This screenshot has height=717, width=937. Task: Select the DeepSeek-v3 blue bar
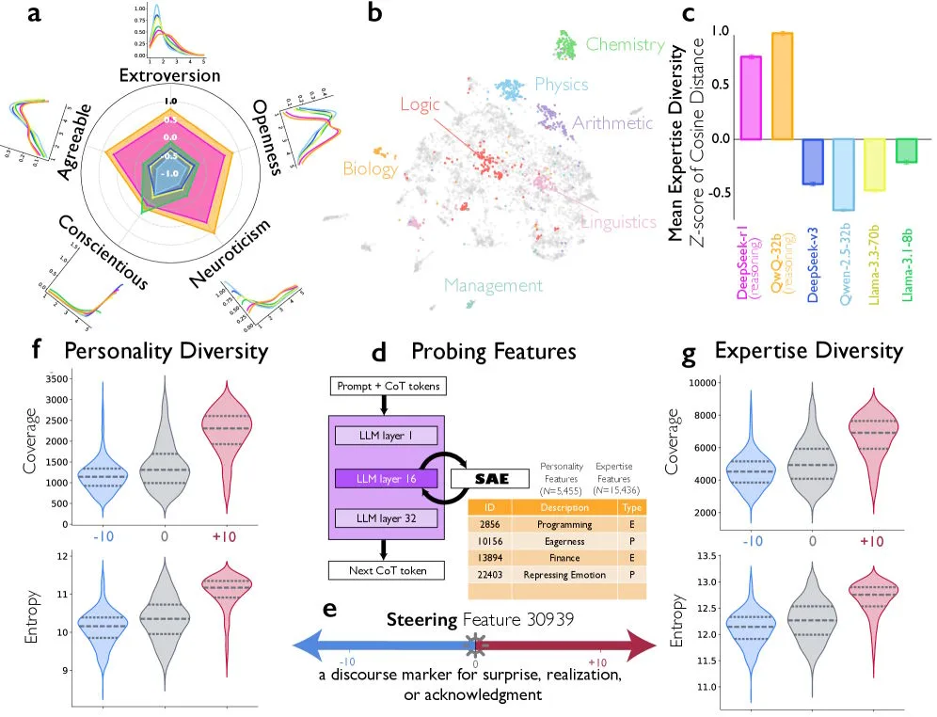[813, 162]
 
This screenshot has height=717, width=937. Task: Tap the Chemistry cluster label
[625, 43]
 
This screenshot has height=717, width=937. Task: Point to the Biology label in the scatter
[371, 169]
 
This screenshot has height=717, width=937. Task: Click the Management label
[493, 286]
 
